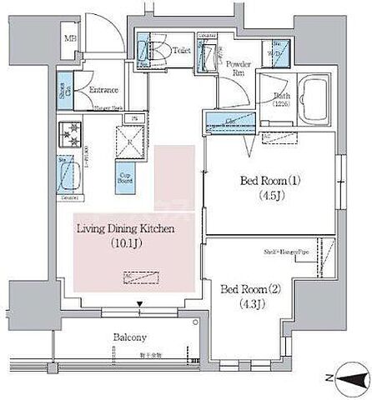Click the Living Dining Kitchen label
124,228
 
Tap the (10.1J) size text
124,244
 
